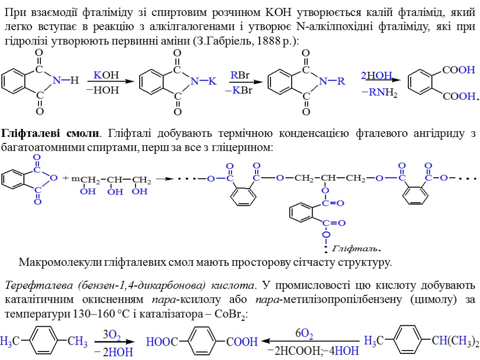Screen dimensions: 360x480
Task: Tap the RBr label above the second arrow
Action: (240, 75)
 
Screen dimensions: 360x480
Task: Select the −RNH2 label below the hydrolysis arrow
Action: (379, 93)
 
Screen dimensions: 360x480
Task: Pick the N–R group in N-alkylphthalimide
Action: (331, 82)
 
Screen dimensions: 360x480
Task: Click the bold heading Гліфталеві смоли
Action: (51, 134)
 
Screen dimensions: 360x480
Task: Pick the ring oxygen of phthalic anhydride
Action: (54, 178)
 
